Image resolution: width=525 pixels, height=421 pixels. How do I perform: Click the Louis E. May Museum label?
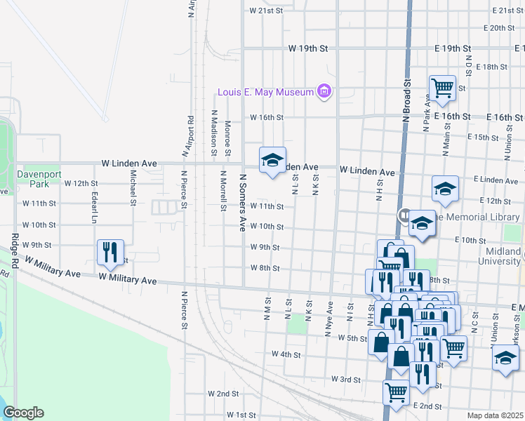(265, 92)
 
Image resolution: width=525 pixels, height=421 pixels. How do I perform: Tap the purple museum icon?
(324, 91)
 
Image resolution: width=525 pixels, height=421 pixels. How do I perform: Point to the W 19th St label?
(308, 48)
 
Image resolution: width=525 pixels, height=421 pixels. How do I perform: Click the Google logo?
(23, 413)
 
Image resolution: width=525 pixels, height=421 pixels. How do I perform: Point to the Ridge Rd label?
(14, 250)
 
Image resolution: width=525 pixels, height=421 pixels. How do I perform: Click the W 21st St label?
(265, 11)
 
